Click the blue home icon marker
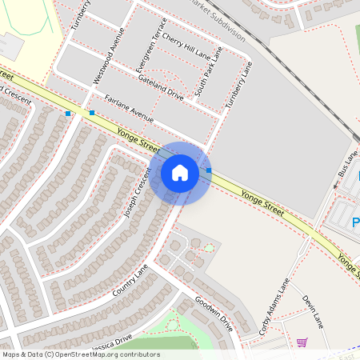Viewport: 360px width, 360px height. pos(180,173)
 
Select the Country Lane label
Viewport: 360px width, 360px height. pos(130,280)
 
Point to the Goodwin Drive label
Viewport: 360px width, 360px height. pos(214,313)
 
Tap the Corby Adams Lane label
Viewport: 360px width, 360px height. pos(273,306)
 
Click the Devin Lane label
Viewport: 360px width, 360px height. pos(312,311)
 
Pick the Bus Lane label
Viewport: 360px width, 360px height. pos(348,164)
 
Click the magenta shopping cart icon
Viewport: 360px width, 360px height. pos(302,342)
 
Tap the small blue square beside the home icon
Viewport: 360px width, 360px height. pos(209,170)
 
